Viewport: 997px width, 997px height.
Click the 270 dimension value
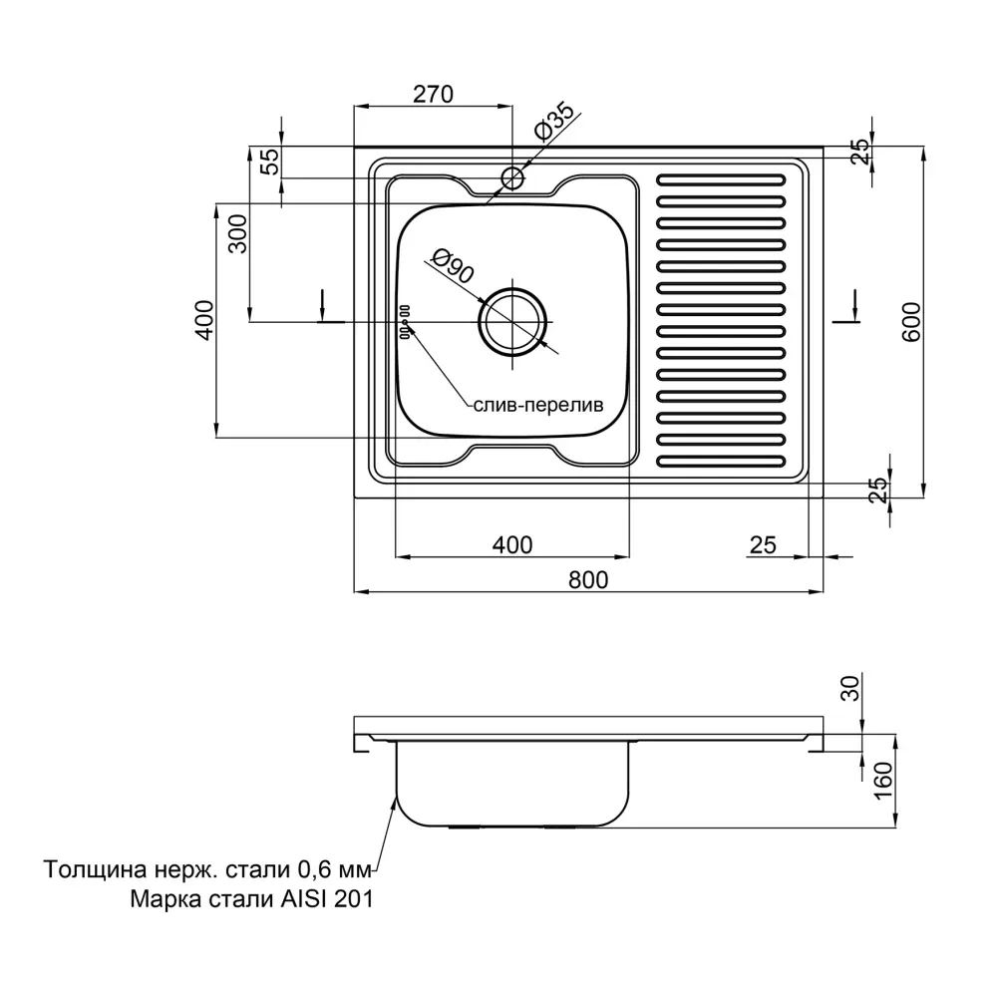point(433,95)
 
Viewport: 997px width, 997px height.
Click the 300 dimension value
point(236,235)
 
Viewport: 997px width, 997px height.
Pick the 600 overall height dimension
point(909,321)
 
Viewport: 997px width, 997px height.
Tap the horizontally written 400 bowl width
point(512,544)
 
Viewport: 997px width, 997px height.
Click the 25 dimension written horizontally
point(763,544)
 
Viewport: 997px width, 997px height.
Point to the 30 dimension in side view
point(849,688)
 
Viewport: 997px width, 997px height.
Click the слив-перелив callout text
point(537,407)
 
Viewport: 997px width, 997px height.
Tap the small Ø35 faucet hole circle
point(512,178)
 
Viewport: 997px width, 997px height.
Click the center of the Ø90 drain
point(512,321)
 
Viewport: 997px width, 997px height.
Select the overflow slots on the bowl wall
point(406,322)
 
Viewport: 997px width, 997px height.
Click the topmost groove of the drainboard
point(721,181)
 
